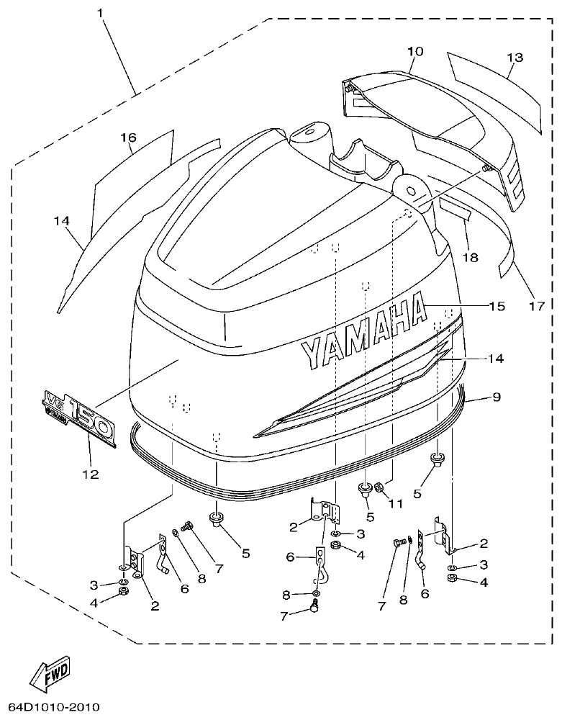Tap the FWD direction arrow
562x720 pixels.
tap(50, 674)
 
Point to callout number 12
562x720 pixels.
tap(91, 474)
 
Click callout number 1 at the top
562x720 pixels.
tap(101, 12)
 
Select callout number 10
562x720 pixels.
tap(415, 52)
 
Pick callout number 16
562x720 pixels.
tap(127, 138)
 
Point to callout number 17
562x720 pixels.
tap(536, 306)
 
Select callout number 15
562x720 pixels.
tap(497, 306)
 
